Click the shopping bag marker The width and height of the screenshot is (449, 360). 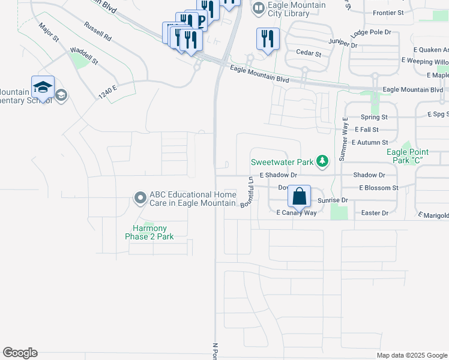[x=299, y=196]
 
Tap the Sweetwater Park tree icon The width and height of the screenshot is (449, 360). [x=323, y=161]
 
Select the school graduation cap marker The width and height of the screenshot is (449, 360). [x=43, y=87]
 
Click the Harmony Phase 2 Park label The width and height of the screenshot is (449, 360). [x=149, y=232]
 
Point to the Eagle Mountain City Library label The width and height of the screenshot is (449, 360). [x=297, y=10]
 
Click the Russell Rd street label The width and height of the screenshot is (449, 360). [x=98, y=32]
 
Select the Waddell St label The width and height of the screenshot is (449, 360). [x=83, y=55]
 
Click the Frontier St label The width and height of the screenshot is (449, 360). [x=388, y=13]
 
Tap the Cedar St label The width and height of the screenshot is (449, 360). [x=309, y=53]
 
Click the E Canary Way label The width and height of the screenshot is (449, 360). [x=296, y=213]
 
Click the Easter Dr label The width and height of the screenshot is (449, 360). [x=375, y=213]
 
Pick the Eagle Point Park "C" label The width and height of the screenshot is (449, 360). [x=408, y=156]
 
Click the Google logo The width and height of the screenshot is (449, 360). [x=20, y=353]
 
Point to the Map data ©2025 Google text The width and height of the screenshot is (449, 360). [x=411, y=355]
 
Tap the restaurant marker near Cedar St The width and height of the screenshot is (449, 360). [x=267, y=40]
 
